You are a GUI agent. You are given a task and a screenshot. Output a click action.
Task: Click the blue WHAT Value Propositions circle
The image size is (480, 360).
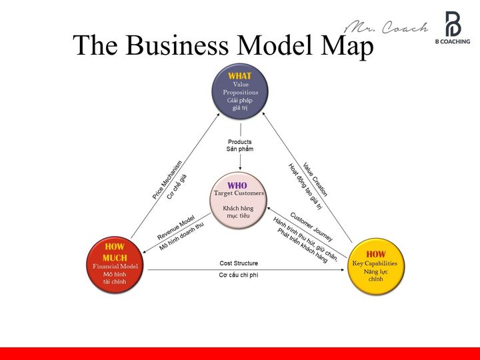[240, 91]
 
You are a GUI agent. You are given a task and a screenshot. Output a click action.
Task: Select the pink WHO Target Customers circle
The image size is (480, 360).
[239, 199]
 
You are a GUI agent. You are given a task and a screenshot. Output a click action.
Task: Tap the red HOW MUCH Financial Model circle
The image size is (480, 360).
[115, 265]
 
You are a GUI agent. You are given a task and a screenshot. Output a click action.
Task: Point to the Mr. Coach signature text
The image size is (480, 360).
[386, 27]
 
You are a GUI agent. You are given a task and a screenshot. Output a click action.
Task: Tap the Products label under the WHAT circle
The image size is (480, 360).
[240, 142]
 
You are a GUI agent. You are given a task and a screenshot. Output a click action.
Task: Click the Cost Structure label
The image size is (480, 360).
[239, 263]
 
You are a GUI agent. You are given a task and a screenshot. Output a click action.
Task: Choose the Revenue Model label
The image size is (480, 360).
[176, 228]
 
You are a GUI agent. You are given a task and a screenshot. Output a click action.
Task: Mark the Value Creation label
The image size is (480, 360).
[315, 179]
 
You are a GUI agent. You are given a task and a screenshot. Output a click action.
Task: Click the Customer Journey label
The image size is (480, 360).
[311, 227]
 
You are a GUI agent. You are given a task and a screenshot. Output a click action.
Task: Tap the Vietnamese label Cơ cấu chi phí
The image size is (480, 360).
[239, 275]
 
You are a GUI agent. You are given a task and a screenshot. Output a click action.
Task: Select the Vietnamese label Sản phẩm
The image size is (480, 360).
[240, 149]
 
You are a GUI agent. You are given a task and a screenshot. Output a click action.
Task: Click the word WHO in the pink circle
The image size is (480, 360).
[237, 185]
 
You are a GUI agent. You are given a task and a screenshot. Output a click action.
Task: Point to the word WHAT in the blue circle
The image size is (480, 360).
[240, 76]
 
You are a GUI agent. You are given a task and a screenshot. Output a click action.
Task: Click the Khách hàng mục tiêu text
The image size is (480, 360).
[238, 212]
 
